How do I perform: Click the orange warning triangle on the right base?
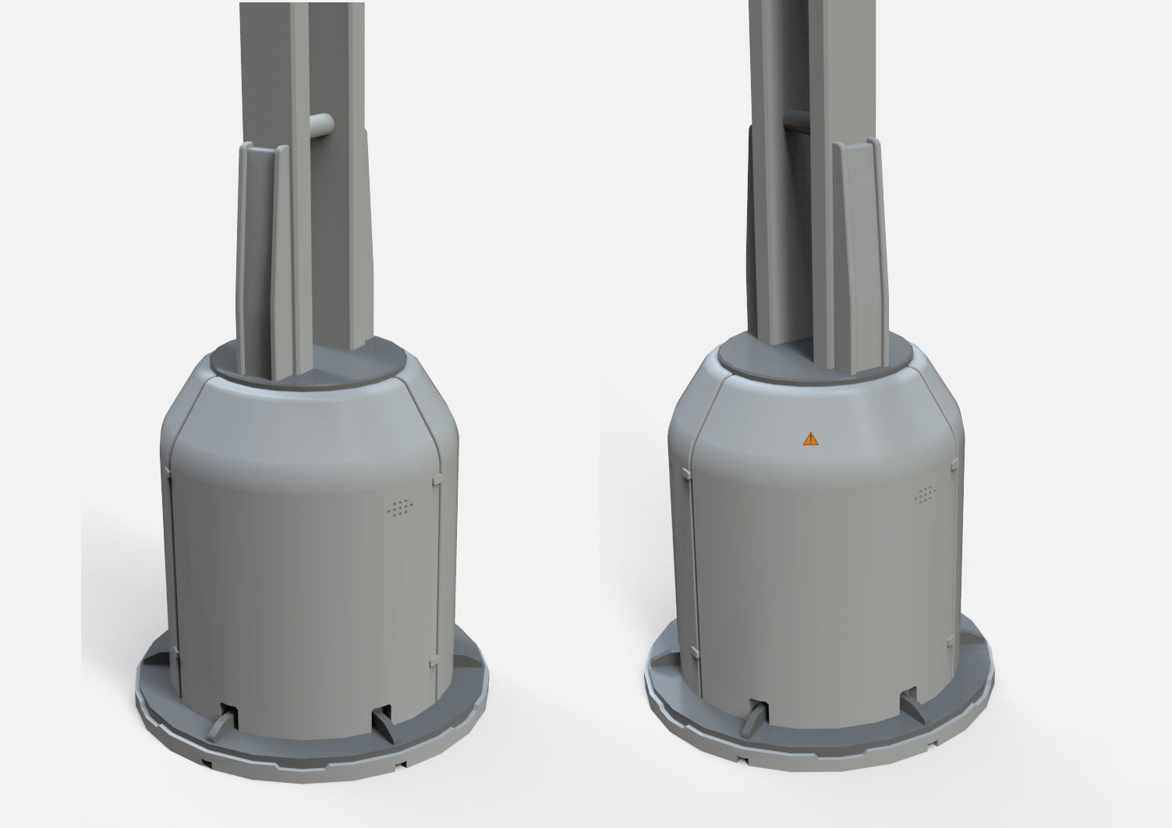811,439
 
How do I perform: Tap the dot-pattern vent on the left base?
399,508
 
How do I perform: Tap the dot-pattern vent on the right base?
926,494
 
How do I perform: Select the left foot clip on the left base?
222,720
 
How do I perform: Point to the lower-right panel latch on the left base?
433,662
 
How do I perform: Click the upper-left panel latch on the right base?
684,472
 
